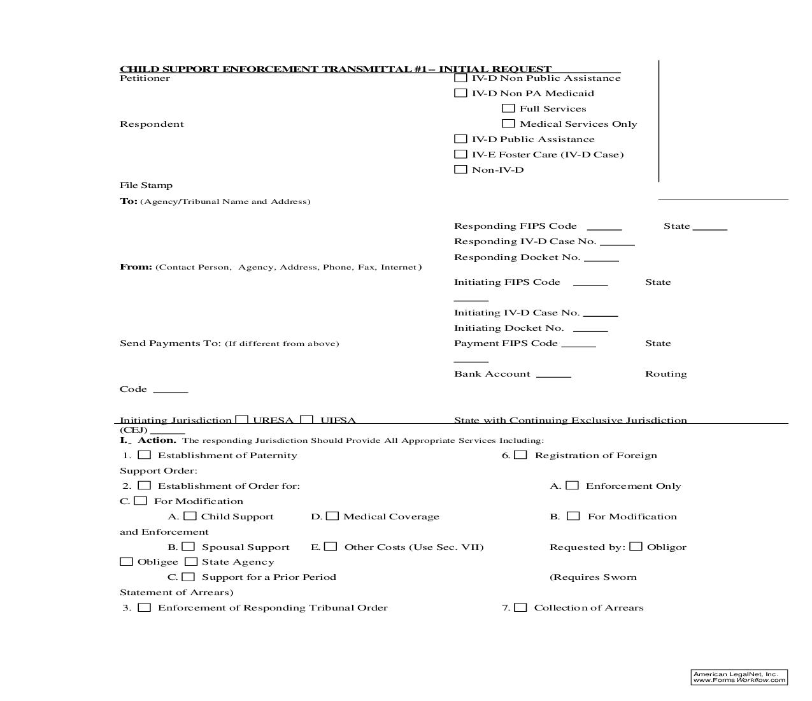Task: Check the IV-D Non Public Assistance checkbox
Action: [x=460, y=78]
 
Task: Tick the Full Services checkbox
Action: [x=508, y=108]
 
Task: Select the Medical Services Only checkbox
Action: [x=508, y=124]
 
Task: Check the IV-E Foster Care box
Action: [x=460, y=154]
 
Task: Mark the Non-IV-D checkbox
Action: [x=460, y=170]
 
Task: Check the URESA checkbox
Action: [x=241, y=420]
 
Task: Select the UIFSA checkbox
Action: [x=307, y=420]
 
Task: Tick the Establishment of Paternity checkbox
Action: [x=145, y=455]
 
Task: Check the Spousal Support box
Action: [x=189, y=547]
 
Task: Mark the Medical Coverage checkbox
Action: [x=332, y=516]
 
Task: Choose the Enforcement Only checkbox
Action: [x=573, y=486]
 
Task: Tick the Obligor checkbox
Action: [x=636, y=547]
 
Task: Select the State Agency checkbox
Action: [x=191, y=562]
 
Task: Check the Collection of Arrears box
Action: [x=521, y=607]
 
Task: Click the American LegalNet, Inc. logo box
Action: [x=739, y=677]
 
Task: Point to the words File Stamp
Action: [x=146, y=185]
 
